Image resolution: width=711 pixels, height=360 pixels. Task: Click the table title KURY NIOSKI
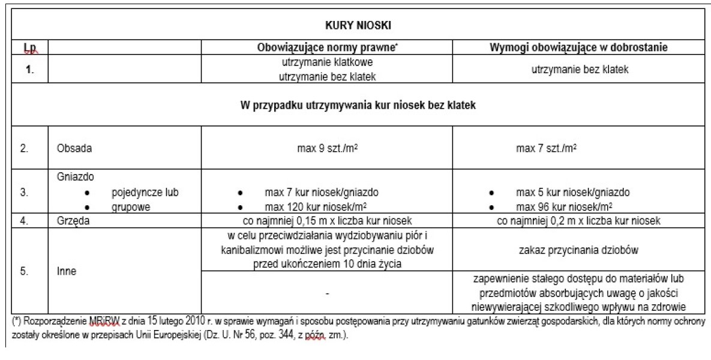point(358,26)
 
